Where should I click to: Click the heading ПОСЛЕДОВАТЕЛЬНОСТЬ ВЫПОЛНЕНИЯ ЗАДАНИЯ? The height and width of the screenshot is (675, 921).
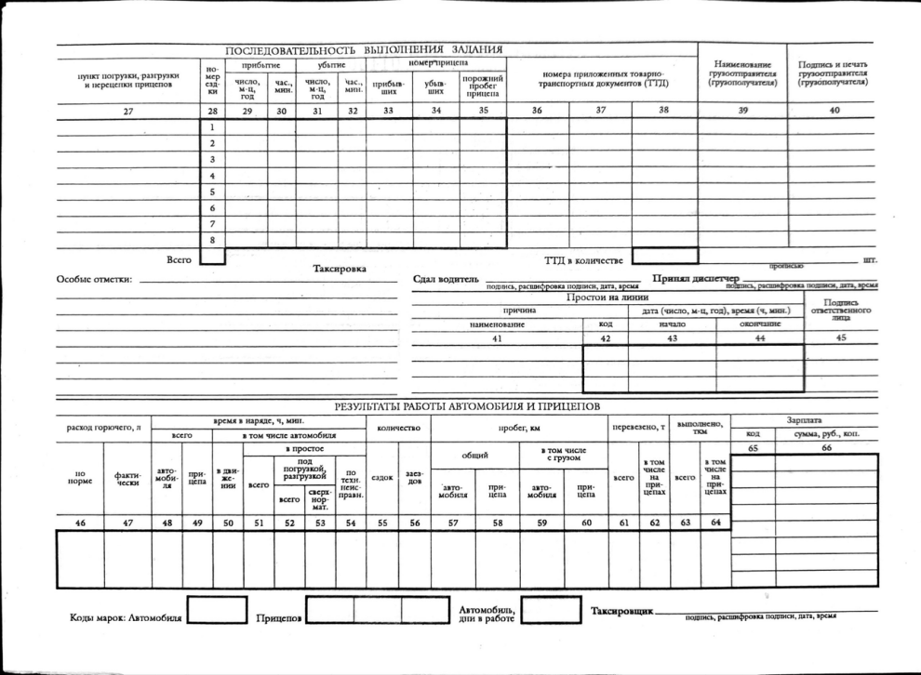(x=365, y=49)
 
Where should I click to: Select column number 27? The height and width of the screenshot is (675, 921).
(x=128, y=111)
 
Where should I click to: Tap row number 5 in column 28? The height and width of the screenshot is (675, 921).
(x=213, y=192)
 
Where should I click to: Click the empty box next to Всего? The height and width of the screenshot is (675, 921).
(x=213, y=256)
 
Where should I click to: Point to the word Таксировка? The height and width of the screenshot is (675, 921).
(x=340, y=269)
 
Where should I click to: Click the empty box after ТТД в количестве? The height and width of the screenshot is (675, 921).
(x=664, y=255)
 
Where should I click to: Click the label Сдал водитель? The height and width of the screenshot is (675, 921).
(x=447, y=279)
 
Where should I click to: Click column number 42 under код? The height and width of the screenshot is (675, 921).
(x=605, y=338)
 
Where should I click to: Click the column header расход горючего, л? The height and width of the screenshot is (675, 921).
(x=103, y=427)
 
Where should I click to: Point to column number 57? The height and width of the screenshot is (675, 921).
(x=453, y=523)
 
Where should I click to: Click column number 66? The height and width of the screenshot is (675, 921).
(x=826, y=449)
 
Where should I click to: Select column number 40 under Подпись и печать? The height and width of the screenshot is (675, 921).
(x=834, y=111)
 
